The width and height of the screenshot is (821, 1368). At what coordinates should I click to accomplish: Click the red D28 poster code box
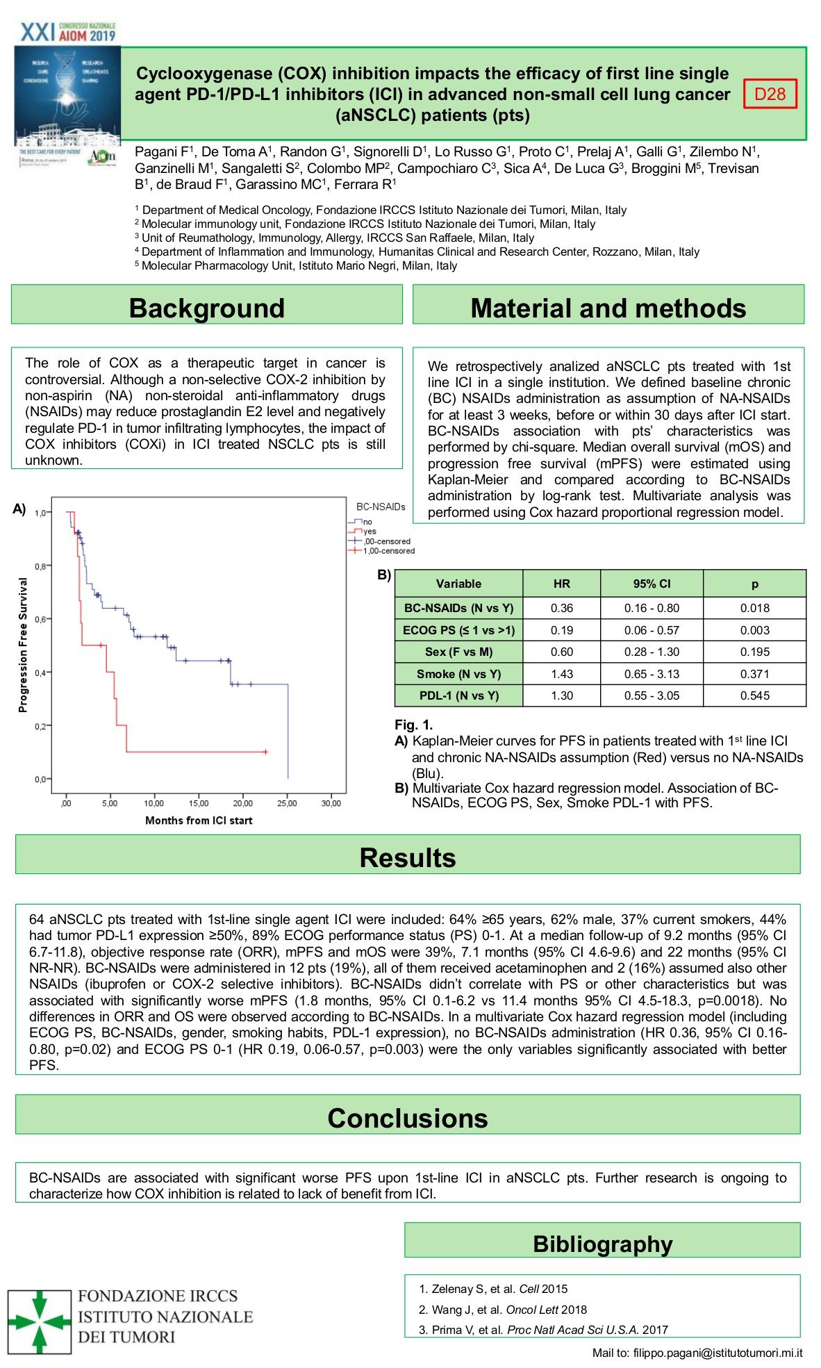tap(770, 94)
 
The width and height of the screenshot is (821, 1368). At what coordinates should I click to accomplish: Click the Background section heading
tap(207, 308)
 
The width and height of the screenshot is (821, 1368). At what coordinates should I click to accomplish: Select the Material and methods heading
tap(608, 308)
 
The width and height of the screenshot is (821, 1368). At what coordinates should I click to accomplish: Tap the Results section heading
tap(408, 857)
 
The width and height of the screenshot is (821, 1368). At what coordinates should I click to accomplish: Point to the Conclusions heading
tap(408, 1118)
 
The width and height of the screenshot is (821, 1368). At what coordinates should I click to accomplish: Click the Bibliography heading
tap(602, 1244)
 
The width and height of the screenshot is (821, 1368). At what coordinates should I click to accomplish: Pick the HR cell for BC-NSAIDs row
tap(561, 608)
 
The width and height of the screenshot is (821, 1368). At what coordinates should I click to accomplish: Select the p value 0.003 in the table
tap(754, 630)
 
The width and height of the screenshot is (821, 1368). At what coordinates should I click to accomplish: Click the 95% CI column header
tap(652, 584)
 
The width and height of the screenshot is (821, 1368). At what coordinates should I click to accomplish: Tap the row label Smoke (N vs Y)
tap(458, 674)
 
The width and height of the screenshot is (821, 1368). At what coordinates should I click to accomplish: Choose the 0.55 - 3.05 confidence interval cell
tap(652, 695)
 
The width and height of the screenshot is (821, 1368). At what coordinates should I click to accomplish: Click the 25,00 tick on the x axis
tap(287, 803)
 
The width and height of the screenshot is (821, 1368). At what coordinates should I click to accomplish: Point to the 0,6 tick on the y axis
tap(41, 619)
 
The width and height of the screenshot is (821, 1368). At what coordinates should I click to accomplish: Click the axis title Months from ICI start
tap(199, 821)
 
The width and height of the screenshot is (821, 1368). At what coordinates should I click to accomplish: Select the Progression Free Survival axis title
tap(23, 645)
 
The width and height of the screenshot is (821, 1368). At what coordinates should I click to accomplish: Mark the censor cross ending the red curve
tap(265, 752)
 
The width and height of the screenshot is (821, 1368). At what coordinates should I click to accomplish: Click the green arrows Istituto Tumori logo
tap(40, 1322)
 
